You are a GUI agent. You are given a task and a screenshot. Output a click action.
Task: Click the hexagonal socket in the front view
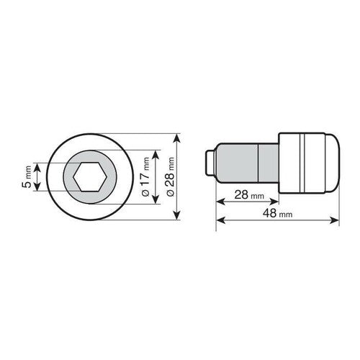pyautogui.click(x=90, y=177)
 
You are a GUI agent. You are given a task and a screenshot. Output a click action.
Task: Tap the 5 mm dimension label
pyautogui.click(x=27, y=177)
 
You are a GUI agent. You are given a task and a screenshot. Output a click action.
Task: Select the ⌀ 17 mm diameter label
pyautogui.click(x=145, y=177)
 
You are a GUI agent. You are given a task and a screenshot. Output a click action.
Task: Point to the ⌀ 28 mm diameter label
pyautogui.click(x=170, y=177)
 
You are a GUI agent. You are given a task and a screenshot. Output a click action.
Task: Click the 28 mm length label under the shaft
pyautogui.click(x=249, y=195)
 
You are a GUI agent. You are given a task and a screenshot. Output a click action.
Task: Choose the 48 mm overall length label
pyautogui.click(x=277, y=213)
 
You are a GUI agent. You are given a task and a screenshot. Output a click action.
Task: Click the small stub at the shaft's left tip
pyautogui.click(x=210, y=163)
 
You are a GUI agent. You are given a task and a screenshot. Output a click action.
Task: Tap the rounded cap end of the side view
pyautogui.click(x=332, y=163)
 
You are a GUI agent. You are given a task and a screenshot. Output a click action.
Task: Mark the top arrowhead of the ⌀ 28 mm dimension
pyautogui.click(x=177, y=138)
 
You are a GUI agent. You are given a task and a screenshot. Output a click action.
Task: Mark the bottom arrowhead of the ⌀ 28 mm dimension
pyautogui.click(x=177, y=215)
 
